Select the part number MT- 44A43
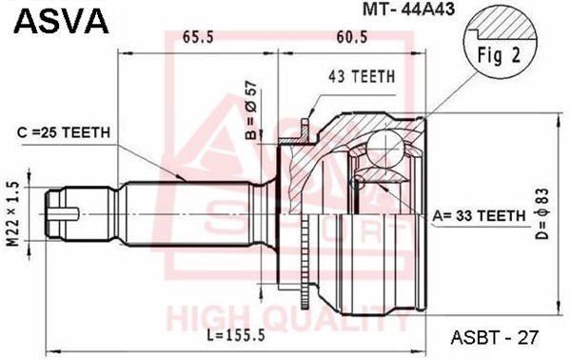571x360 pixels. pyautogui.click(x=408, y=10)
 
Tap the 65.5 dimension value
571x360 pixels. pyautogui.click(x=198, y=37)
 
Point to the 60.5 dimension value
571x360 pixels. pyautogui.click(x=352, y=37)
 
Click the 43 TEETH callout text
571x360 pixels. pyautogui.click(x=362, y=77)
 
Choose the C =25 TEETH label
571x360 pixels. pyautogui.click(x=64, y=132)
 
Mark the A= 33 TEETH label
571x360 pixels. pyautogui.click(x=479, y=216)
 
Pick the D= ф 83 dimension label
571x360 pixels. pyautogui.click(x=541, y=214)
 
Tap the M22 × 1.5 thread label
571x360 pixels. pyautogui.click(x=13, y=214)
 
